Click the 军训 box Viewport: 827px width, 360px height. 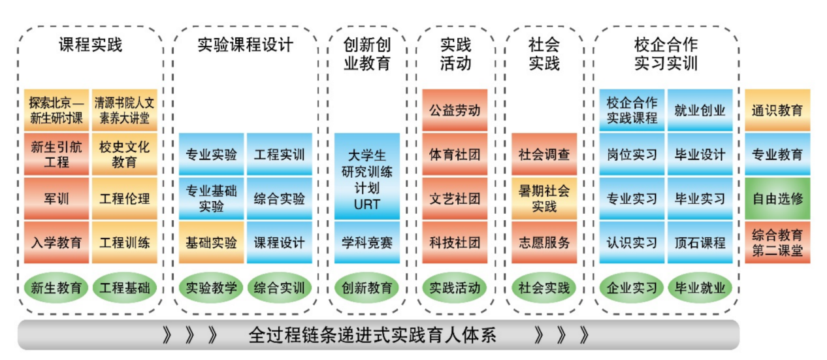56,199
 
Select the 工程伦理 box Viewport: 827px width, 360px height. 124,199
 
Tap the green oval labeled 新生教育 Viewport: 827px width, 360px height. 56,287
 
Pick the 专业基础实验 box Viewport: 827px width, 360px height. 211,199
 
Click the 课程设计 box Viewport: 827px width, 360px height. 279,242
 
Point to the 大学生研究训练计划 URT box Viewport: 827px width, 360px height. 366,176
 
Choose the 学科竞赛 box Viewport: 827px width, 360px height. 366,242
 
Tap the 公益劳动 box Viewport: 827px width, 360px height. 454,110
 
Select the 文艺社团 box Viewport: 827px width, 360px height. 454,199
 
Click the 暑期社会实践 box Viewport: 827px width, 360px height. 543,199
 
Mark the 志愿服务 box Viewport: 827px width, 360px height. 543,242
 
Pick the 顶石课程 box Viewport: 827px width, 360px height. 700,242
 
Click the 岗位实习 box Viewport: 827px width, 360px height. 632,155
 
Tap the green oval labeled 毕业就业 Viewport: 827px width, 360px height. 700,287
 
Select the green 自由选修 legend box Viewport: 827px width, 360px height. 777,199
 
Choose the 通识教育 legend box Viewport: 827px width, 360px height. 777,110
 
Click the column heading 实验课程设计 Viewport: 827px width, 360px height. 245,45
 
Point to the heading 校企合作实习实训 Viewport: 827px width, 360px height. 666,54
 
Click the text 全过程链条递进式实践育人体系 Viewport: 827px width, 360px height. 372,336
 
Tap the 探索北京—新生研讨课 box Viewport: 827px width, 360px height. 56,110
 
